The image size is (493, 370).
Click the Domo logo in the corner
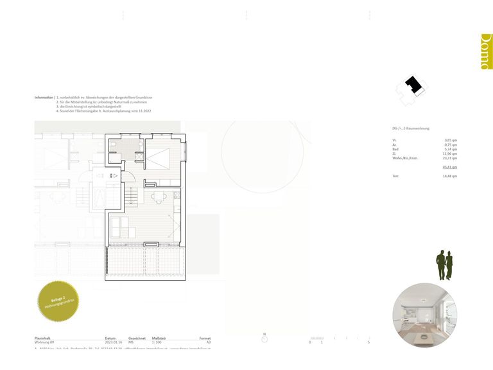(x=486, y=51)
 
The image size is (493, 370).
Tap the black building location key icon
(x=411, y=86)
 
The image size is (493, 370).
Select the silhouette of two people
(x=444, y=265)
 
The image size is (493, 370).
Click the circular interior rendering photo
(x=424, y=315)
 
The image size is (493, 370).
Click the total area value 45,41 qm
(x=450, y=167)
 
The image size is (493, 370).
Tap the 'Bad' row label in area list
(x=395, y=149)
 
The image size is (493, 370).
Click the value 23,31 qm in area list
(x=450, y=158)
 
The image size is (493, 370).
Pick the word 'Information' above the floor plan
(x=44, y=97)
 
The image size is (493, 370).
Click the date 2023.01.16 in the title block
(x=114, y=343)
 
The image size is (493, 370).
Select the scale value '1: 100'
(x=157, y=343)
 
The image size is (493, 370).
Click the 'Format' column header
(x=205, y=338)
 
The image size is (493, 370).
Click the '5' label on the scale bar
(x=368, y=343)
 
